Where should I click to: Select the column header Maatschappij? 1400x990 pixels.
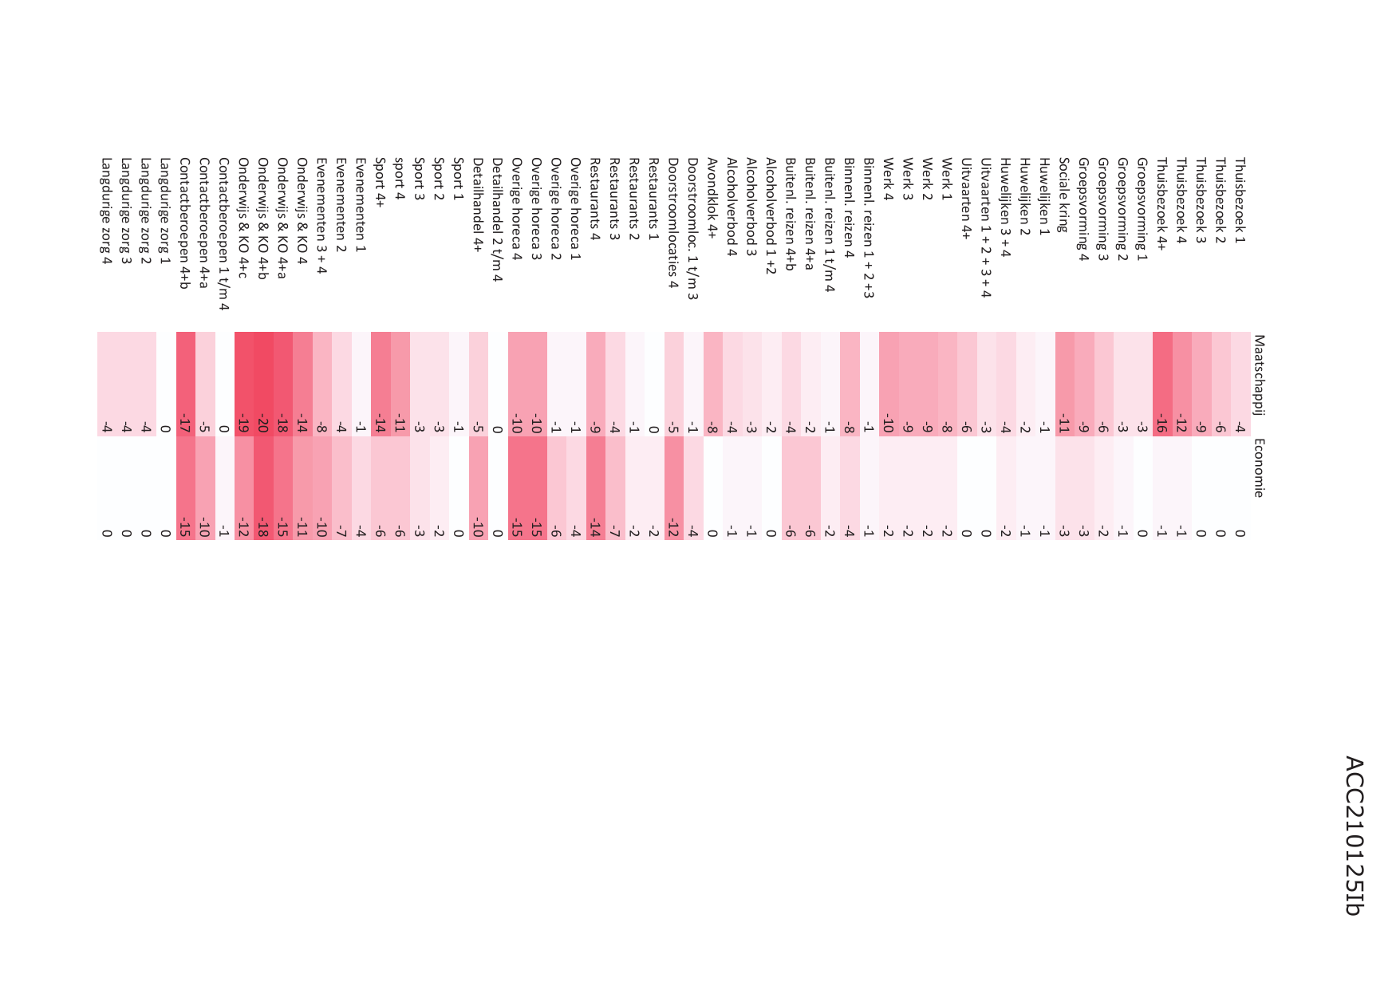coord(1259,375)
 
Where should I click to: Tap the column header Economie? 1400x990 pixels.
coord(1259,467)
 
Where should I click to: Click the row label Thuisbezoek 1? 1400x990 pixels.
coord(1240,200)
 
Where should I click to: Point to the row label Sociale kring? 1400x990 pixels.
coord(1063,195)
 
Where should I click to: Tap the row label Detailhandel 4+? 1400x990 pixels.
coord(478,204)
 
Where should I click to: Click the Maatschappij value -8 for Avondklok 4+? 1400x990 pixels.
coord(712,426)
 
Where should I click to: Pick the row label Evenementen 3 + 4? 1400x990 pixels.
coord(321,215)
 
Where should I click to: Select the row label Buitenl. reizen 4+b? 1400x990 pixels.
coord(791,214)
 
